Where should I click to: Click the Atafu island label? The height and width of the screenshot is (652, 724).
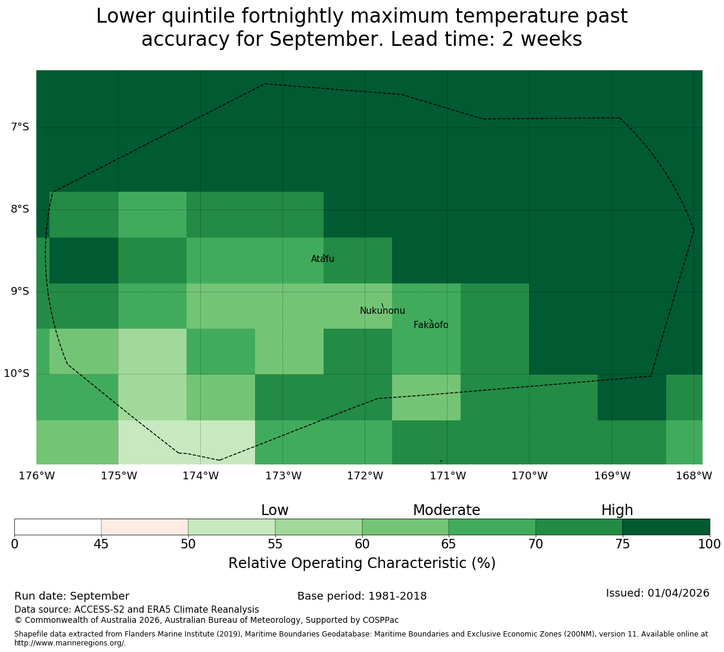322,258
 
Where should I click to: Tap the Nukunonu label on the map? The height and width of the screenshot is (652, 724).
382,310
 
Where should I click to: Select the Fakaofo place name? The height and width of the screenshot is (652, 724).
431,325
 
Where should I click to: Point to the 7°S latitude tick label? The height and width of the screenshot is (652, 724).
20,127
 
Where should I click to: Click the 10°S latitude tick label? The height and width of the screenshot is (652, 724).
16,373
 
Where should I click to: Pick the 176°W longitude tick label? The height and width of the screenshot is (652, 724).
37,476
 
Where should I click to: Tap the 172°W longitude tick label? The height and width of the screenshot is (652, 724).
365,476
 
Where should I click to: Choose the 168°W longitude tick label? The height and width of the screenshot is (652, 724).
694,476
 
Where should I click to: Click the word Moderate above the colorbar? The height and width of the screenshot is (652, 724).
446,510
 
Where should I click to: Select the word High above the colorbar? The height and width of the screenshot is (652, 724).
617,510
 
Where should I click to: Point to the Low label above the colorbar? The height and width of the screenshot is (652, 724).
275,510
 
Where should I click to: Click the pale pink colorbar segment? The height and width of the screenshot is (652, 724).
145,527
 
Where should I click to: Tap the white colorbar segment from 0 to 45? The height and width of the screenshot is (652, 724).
58,527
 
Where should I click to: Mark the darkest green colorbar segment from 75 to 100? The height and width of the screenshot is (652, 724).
666,527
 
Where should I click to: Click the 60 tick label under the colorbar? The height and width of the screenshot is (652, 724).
362,544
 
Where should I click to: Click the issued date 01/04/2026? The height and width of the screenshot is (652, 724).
679,593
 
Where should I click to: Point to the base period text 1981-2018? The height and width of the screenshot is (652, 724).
397,596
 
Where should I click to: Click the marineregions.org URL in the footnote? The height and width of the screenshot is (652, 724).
70,643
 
